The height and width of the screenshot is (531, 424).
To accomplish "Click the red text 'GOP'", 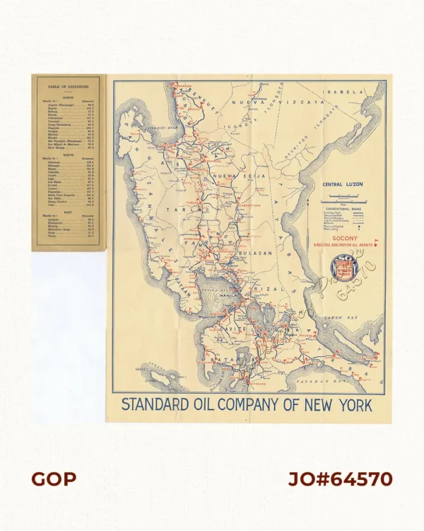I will point(54,479).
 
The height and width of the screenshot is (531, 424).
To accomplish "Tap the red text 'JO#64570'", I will point(340,479).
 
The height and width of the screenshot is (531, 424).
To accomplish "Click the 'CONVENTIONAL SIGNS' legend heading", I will point(345,210).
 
